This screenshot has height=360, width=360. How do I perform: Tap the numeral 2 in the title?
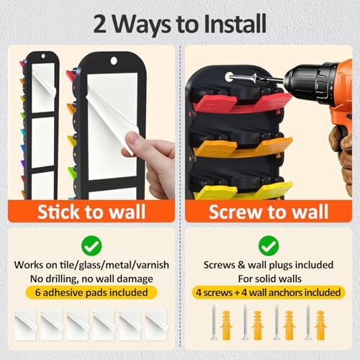pyautogui.click(x=100, y=24)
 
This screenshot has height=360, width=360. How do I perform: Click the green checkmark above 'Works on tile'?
pyautogui.click(x=91, y=246)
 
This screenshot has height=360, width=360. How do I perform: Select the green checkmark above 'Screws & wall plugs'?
pyautogui.click(x=269, y=246)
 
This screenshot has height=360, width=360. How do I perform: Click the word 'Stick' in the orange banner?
pyautogui.click(x=58, y=212)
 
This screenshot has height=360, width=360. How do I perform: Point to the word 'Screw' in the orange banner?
pyautogui.click(x=235, y=212)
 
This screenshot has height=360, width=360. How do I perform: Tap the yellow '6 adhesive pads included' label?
pyautogui.click(x=91, y=292)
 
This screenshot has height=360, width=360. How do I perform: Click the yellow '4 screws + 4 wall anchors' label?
pyautogui.click(x=269, y=292)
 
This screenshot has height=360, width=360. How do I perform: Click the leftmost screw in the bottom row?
pyautogui.click(x=214, y=322)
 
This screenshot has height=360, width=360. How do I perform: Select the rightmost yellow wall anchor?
pyautogui.click(x=320, y=325)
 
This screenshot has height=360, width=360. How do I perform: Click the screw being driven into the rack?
pyautogui.click(x=243, y=78)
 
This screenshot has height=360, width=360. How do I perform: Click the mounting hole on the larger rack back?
pyautogui.click(x=114, y=60)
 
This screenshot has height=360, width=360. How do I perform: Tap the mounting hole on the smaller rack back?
pyautogui.click(x=43, y=56)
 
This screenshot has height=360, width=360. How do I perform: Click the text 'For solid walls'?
pyautogui.click(x=270, y=279)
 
